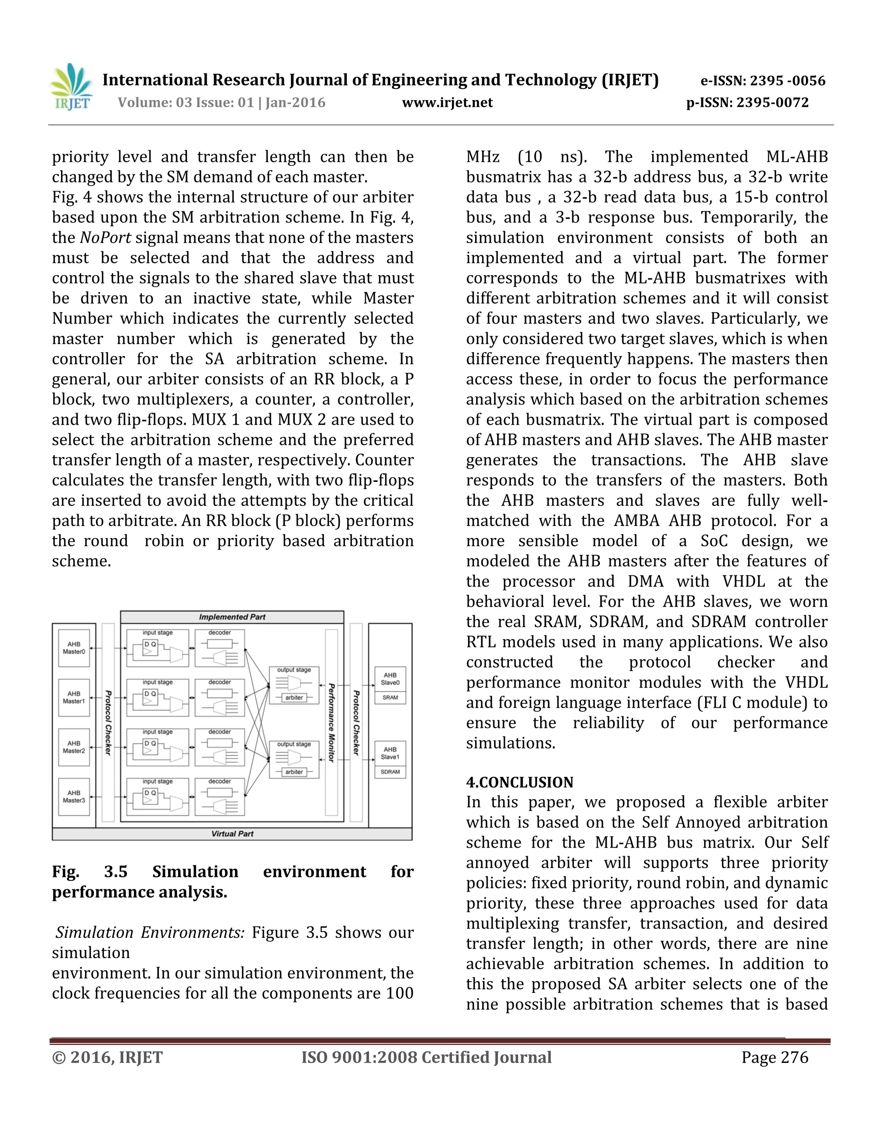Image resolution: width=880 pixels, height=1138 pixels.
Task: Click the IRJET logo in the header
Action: pos(71,87)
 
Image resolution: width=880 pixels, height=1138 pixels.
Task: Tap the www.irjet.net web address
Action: pos(447,103)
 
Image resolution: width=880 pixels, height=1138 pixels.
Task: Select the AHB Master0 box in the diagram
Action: pos(74,648)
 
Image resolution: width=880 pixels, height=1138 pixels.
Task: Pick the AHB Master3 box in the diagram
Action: pos(74,796)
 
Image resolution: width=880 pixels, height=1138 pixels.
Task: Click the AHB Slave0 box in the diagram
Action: pos(390,679)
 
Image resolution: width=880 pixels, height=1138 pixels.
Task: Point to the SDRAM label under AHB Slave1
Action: pos(390,772)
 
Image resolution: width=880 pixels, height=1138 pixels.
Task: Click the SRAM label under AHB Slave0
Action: pos(390,697)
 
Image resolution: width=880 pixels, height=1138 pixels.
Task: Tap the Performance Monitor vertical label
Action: pos(331,723)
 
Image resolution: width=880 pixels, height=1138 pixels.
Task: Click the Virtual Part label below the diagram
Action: pos(232,834)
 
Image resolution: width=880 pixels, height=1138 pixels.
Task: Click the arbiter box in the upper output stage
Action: pos(294,697)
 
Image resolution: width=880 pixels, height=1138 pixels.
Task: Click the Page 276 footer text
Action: pos(775,1057)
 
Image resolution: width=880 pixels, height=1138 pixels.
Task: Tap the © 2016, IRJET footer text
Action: pos(107,1057)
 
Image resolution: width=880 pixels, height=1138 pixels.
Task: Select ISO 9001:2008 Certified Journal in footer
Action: pos(426,1057)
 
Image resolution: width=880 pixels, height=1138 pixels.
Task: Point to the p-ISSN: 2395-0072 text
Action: pos(747,103)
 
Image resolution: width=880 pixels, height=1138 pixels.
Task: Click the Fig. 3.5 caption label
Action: pos(90,872)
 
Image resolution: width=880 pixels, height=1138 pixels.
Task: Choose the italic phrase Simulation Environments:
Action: pos(150,932)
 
